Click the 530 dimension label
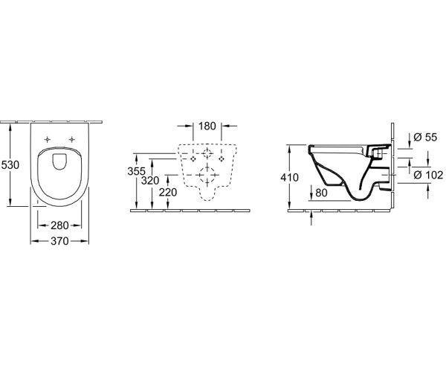click(10, 164)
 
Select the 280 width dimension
click(59, 225)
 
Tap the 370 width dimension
click(59, 241)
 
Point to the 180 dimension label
click(207, 126)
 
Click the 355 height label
click(137, 171)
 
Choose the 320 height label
click(150, 181)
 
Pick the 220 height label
click(168, 193)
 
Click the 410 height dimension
click(290, 178)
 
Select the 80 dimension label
click(321, 193)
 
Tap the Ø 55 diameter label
click(425, 137)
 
